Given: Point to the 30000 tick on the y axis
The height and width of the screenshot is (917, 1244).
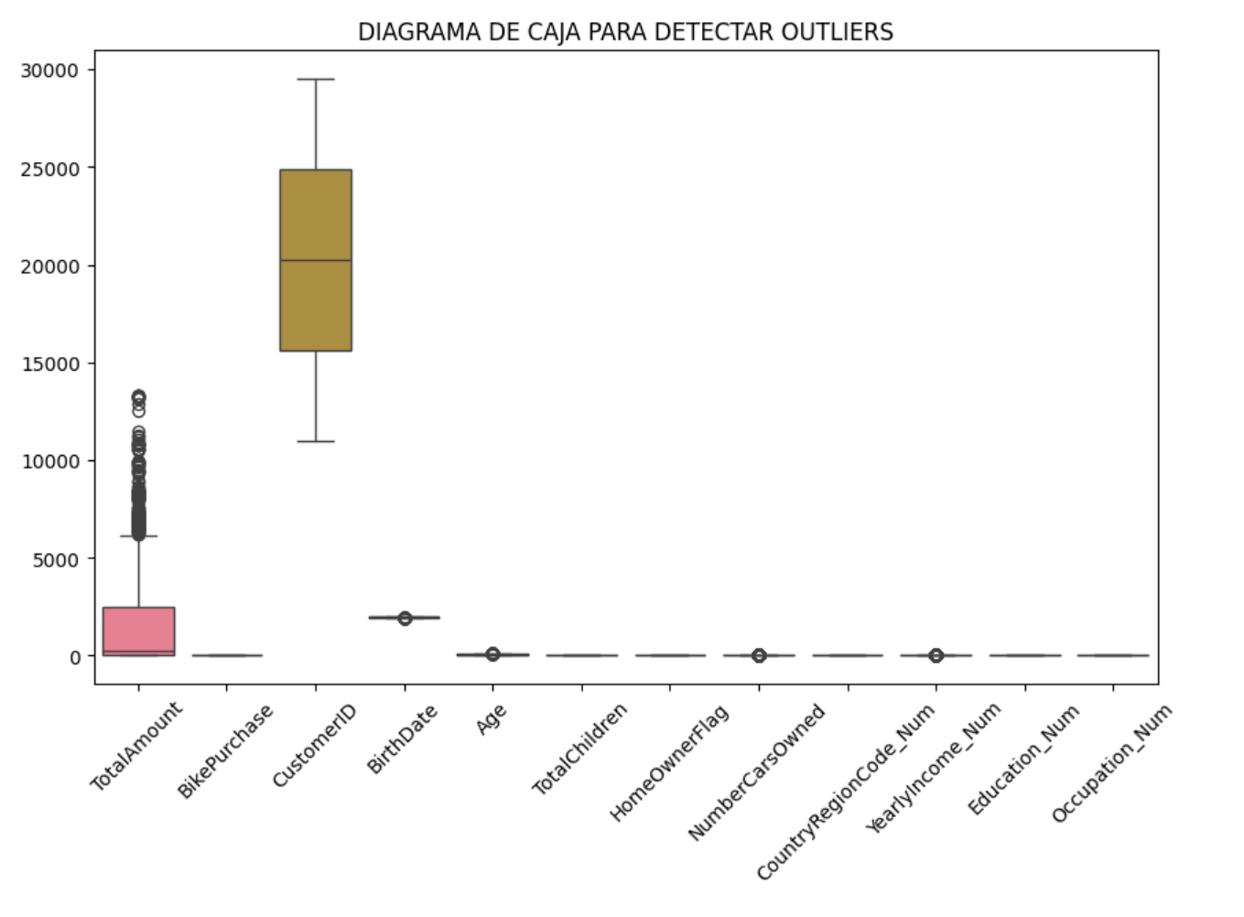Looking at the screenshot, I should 49,70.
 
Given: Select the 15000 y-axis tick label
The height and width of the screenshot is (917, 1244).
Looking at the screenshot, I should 49,364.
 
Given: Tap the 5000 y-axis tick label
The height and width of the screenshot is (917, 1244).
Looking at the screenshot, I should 56,559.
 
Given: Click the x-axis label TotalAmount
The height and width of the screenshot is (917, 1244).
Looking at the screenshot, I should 136,745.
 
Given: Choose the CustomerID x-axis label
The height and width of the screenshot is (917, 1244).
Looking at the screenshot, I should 314,745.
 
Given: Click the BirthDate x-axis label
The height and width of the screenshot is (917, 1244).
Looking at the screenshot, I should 403,739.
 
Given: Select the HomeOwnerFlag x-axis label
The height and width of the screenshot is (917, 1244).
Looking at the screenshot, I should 669,761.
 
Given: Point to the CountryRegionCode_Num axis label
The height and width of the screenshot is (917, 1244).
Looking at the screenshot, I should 846,792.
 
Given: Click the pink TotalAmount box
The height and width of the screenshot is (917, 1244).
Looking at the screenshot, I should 138,631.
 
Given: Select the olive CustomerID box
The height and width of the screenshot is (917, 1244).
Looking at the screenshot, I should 316,220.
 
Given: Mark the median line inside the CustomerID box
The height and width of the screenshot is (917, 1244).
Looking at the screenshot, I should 316,261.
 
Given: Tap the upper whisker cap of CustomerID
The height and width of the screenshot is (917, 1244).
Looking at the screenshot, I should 316,80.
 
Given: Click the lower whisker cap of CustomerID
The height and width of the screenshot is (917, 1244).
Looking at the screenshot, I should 316,442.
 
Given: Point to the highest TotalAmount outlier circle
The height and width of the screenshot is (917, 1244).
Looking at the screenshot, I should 138,397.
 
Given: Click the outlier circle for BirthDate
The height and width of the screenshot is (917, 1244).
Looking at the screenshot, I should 405,619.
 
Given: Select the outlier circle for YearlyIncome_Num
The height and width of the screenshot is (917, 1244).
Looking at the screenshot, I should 936,655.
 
